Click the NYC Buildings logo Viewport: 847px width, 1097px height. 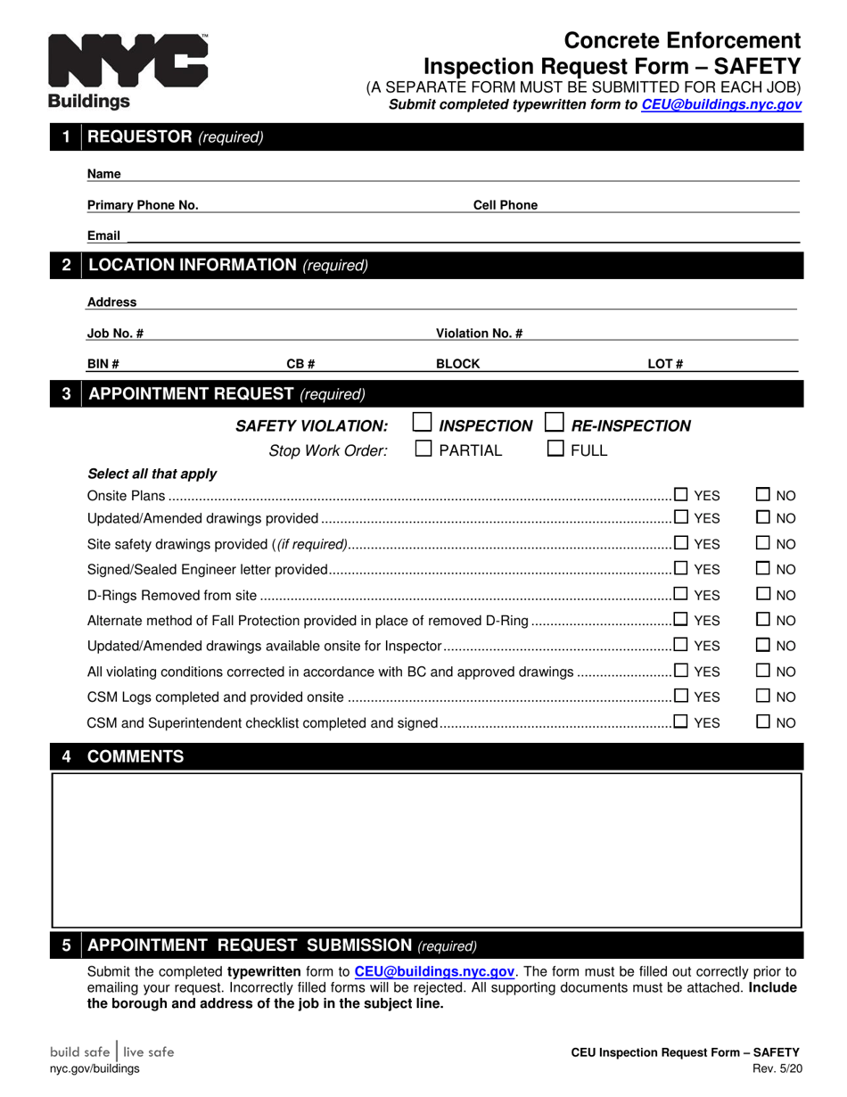[127, 70]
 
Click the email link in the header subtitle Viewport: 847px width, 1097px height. [720, 104]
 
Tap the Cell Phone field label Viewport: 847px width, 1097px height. [505, 205]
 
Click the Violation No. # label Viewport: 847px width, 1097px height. [479, 334]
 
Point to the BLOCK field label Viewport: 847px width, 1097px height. [457, 364]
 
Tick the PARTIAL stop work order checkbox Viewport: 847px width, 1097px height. [424, 449]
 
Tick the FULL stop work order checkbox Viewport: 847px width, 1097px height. [555, 449]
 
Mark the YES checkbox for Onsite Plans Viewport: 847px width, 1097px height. [681, 494]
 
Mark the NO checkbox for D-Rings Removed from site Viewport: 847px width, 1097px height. [764, 594]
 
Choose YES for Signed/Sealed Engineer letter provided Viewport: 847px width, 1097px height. [681, 568]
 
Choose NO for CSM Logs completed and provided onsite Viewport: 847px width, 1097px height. [764, 696]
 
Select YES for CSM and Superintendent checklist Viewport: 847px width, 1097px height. [681, 722]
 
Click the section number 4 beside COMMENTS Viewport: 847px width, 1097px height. [66, 757]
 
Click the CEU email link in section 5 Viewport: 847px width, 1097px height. [434, 972]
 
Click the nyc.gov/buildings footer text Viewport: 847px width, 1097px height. [95, 1068]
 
